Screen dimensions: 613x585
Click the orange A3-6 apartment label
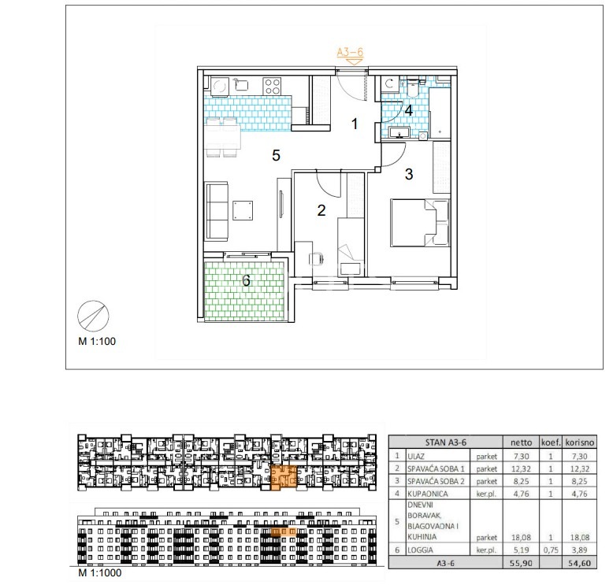point(350,52)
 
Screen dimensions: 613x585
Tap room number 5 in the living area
point(276,156)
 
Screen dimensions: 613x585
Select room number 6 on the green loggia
point(246,280)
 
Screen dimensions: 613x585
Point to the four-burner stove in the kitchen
point(272,87)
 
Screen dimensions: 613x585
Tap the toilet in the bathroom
point(412,88)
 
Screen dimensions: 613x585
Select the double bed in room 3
point(420,223)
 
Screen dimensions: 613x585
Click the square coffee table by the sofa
point(243,210)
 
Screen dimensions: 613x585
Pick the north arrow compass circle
point(93,317)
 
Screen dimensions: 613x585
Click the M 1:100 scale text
point(97,341)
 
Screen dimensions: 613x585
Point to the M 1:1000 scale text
point(100,573)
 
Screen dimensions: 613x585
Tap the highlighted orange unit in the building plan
point(284,477)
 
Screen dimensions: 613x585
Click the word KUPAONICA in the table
point(427,494)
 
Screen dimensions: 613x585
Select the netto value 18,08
point(521,537)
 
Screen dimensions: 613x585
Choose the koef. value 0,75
point(551,550)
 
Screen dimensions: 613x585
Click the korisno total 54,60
point(579,563)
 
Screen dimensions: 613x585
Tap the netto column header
point(521,442)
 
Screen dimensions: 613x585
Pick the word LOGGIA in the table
point(420,550)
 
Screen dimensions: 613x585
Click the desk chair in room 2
point(317,258)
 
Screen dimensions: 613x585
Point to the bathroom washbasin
point(399,132)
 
